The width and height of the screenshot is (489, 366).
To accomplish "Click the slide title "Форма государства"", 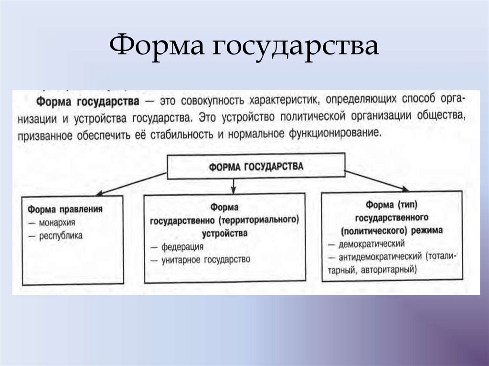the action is (x=244, y=48).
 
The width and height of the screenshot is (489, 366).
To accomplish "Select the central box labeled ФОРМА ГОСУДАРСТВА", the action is (x=255, y=166).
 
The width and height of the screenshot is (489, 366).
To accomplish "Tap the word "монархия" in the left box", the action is (x=55, y=222).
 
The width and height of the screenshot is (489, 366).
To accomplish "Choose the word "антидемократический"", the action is (x=379, y=256).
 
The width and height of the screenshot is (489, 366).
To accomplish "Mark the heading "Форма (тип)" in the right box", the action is (x=392, y=204).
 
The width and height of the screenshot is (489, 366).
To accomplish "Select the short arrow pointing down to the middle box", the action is (x=233, y=185).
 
